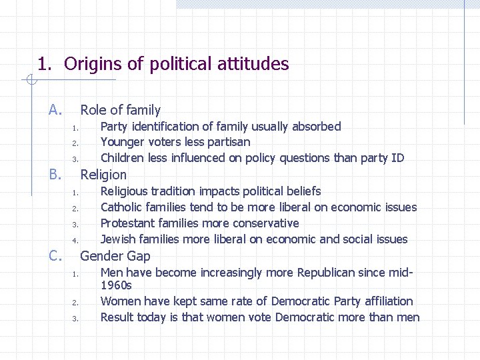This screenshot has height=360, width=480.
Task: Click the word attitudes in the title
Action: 253,64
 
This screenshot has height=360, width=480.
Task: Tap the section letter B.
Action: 55,175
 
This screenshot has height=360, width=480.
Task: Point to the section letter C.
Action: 55,255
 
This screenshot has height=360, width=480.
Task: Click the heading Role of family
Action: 120,110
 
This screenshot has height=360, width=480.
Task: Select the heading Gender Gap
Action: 115,256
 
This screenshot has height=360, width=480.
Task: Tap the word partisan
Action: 229,142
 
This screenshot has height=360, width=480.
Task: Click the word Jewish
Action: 117,239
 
